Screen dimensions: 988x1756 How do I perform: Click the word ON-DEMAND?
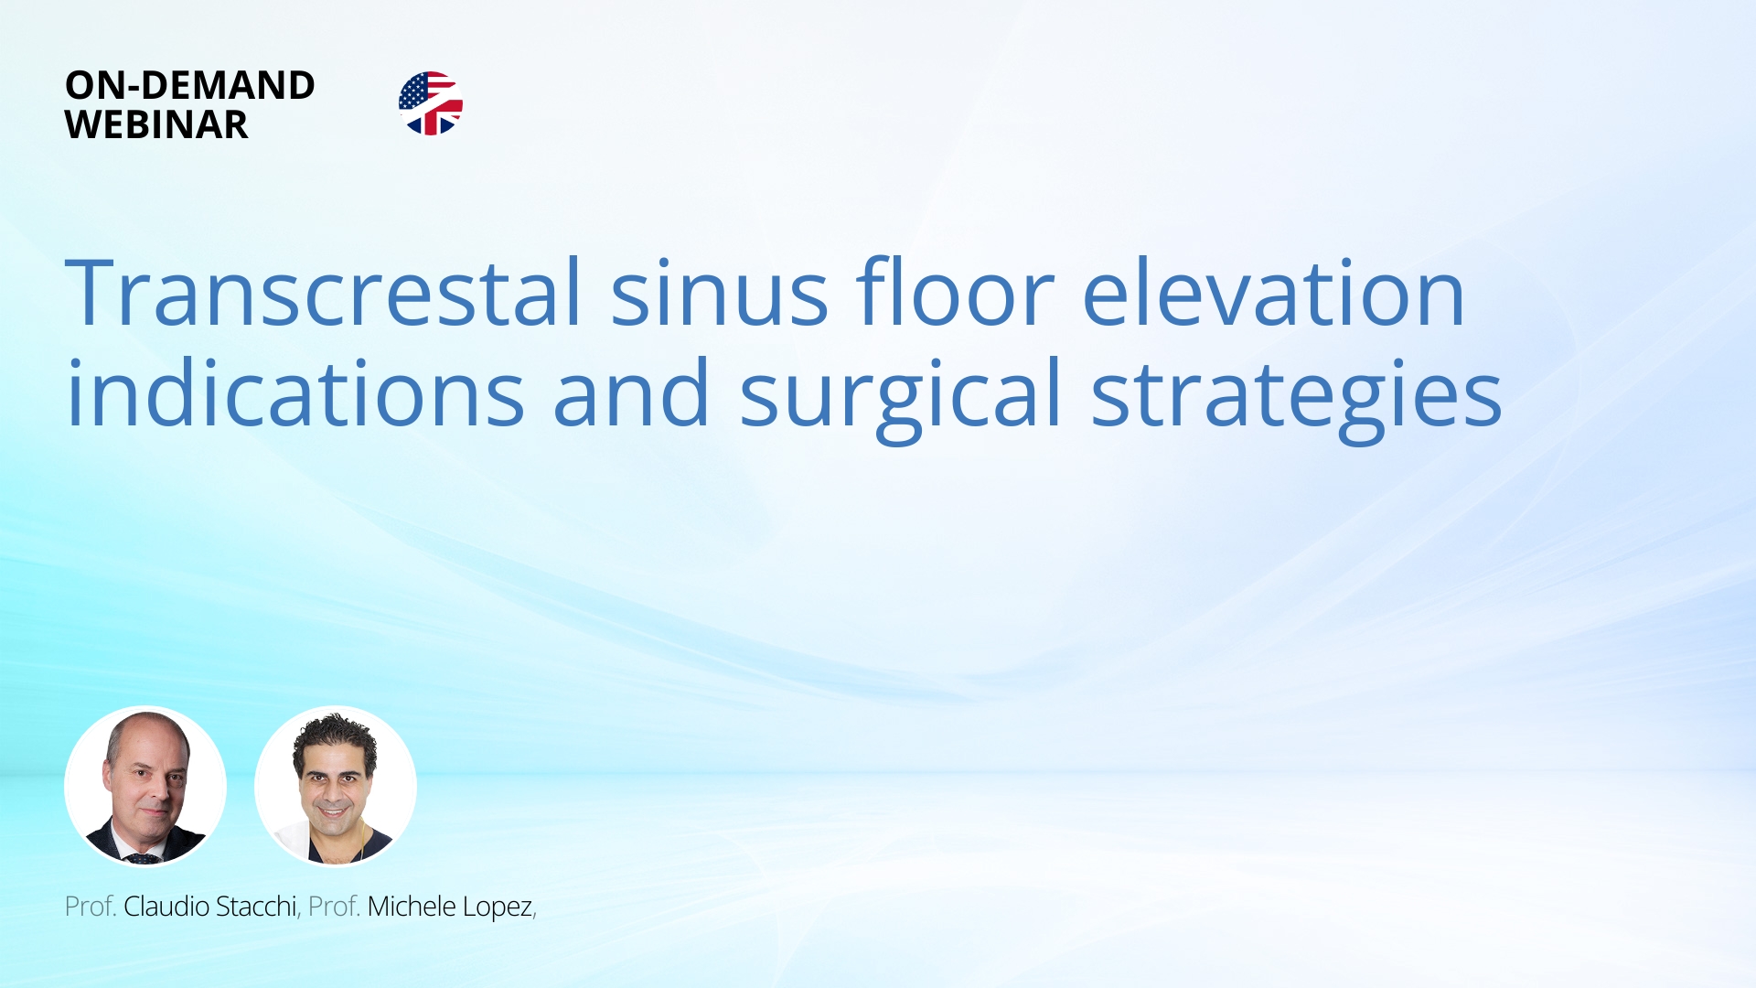(x=189, y=85)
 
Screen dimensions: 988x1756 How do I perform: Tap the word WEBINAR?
(x=155, y=125)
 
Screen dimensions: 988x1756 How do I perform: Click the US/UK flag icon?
(x=431, y=103)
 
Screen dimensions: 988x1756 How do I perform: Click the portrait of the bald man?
(x=145, y=786)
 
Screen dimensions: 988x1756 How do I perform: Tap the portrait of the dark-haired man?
(x=336, y=786)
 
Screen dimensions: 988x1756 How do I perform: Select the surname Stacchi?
(x=256, y=907)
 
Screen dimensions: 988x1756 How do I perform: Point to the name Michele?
(x=412, y=907)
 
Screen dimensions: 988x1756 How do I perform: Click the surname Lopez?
(x=498, y=907)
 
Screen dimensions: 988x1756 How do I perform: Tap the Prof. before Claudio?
(x=90, y=907)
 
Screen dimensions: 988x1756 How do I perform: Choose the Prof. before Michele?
(x=334, y=907)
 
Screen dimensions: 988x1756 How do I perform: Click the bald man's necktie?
(x=144, y=858)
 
